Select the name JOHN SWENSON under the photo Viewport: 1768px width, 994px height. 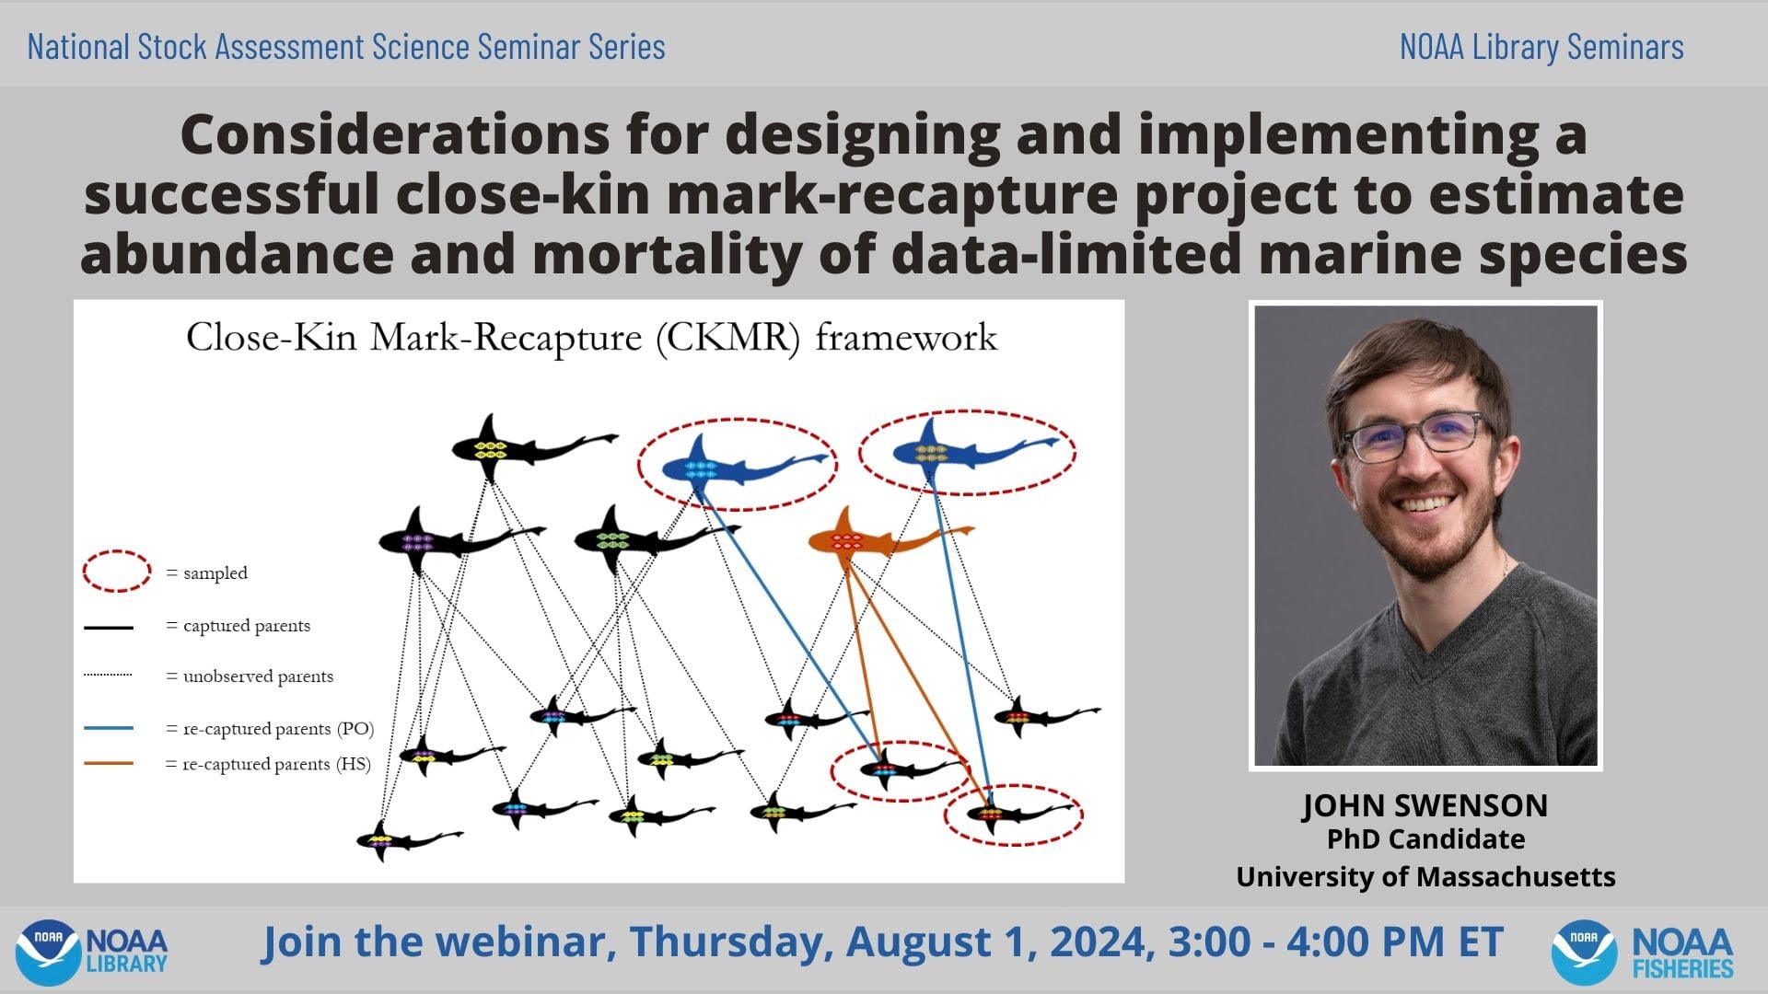click(1425, 805)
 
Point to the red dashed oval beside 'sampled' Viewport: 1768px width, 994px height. click(117, 572)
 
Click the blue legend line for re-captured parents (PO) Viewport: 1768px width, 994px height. click(109, 728)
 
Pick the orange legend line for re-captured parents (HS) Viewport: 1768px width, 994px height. click(109, 763)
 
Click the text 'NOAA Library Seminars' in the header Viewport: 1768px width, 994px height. click(1541, 47)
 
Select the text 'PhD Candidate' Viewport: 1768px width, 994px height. click(1425, 839)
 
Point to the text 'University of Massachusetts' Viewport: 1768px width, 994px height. click(1425, 877)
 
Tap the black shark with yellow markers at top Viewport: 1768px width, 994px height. click(516, 448)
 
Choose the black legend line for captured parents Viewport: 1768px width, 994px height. click(109, 628)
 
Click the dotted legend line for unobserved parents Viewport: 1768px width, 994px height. click(109, 675)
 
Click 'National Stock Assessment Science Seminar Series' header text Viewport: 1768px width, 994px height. click(346, 47)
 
